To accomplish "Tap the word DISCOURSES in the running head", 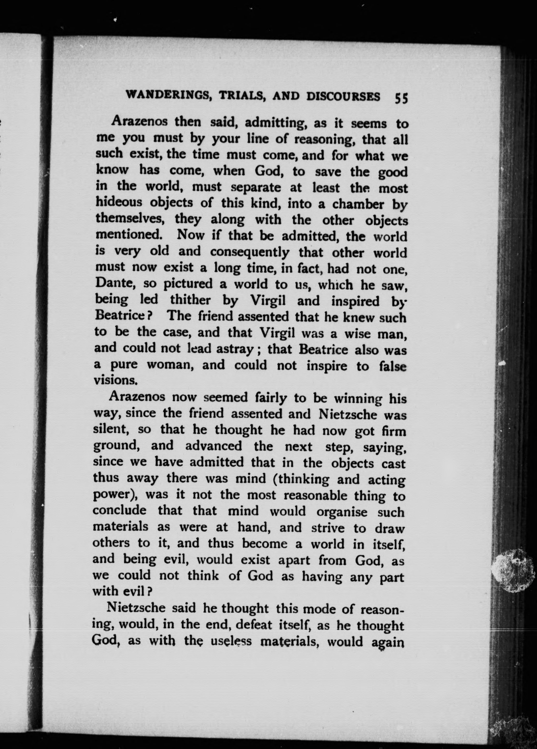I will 343,96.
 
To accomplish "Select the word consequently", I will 250,252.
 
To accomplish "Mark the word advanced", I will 214,446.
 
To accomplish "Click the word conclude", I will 119,510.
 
